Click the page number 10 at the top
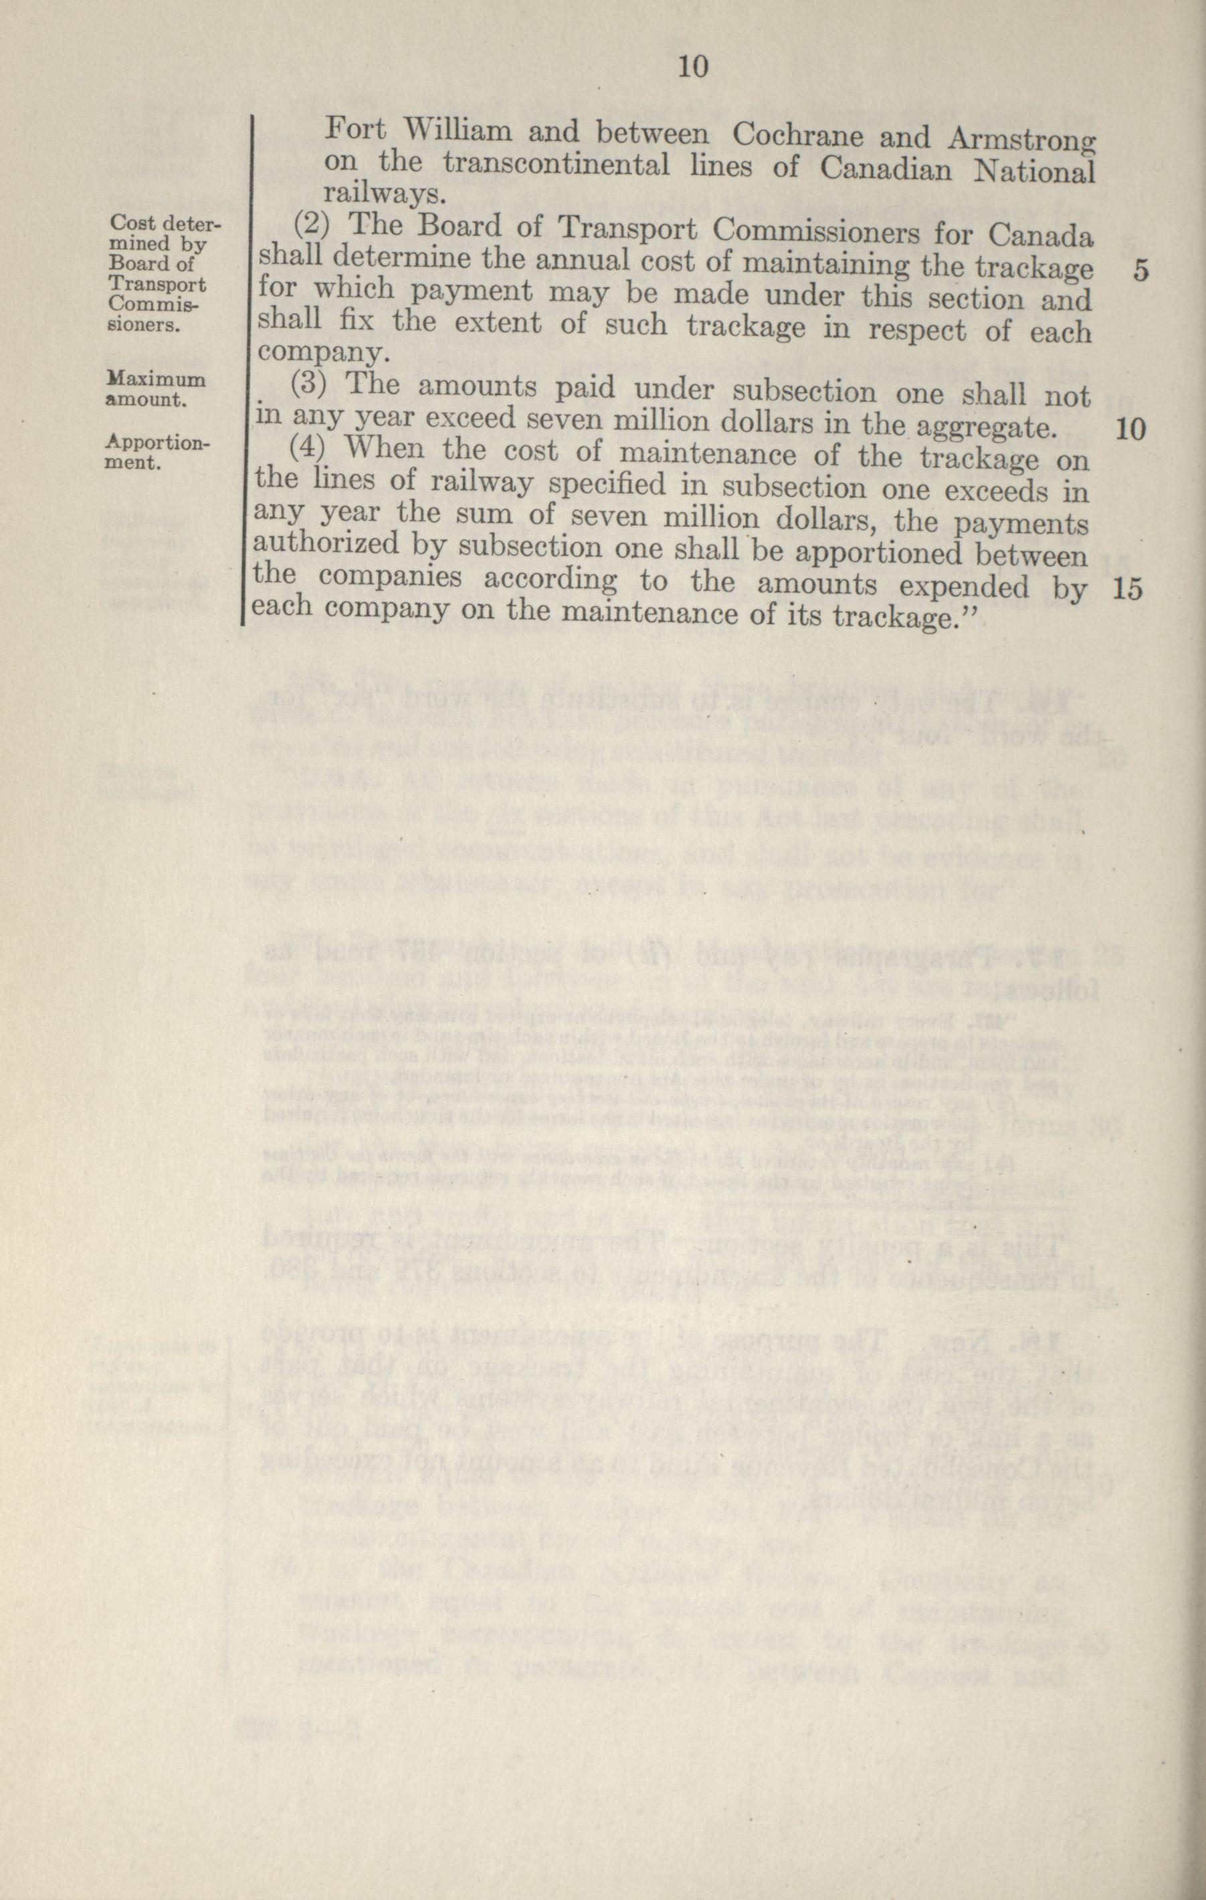click(692, 68)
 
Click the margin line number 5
click(1140, 270)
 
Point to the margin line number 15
click(1130, 590)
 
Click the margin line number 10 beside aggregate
click(1130, 429)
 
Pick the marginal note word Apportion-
click(157, 443)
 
